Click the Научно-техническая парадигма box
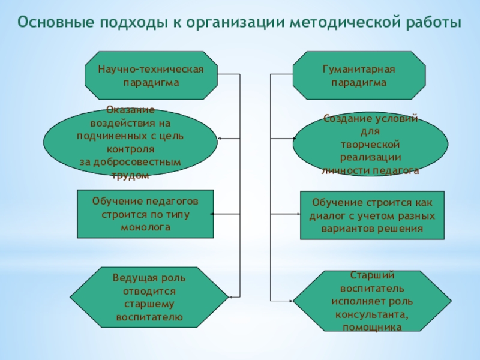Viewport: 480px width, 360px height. coord(151,76)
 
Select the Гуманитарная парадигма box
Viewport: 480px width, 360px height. coord(358,76)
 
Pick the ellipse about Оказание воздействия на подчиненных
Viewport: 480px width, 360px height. coord(130,143)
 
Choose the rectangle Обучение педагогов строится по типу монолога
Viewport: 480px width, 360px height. coord(145,214)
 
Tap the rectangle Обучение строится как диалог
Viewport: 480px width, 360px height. coord(372,215)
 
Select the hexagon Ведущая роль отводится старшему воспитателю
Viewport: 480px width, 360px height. coord(149,297)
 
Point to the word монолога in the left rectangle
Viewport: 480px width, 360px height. coord(145,228)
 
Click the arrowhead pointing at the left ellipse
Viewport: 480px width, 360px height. coord(220,139)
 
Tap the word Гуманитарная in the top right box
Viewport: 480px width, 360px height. coord(359,70)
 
